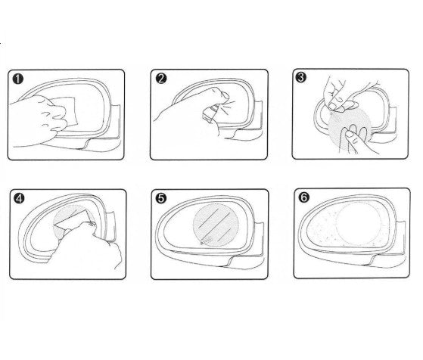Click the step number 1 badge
click(18, 79)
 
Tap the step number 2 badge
click(161, 79)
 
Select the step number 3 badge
click(301, 77)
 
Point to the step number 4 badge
click(19, 198)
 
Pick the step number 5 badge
click(161, 198)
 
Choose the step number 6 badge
click(303, 197)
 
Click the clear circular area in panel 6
click(359, 224)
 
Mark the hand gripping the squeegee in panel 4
click(92, 248)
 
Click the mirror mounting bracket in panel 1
click(116, 121)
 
